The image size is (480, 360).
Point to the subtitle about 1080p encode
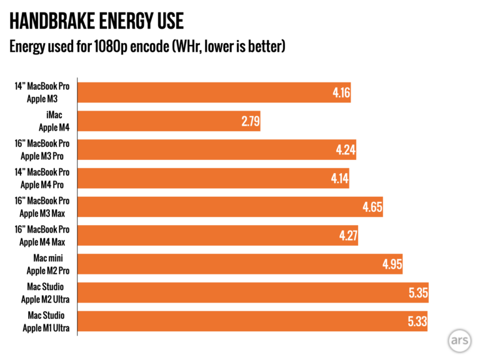pos(146,46)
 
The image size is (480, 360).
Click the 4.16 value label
pos(341,93)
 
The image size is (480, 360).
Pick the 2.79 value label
pos(251,121)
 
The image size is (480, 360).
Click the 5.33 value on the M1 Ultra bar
pos(417,322)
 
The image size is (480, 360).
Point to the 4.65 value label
pos(372,207)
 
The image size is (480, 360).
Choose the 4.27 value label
pos(348,236)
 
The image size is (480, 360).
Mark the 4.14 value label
pos(340,179)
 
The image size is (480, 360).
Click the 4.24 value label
pos(346,150)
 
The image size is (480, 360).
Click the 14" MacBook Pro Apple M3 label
pos(42,92)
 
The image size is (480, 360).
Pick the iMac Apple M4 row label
pos(54,121)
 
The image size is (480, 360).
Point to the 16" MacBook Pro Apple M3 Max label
pos(42,207)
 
